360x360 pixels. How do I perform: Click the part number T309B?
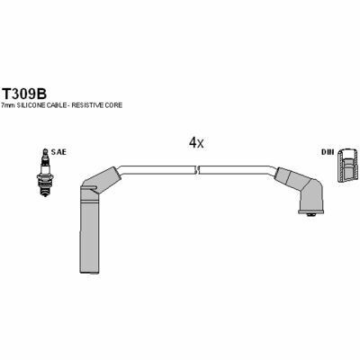pyautogui.click(x=24, y=94)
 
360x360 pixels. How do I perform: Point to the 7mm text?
pyautogui.click(x=8, y=105)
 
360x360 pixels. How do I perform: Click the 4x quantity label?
pyautogui.click(x=196, y=143)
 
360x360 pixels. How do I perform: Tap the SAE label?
pyautogui.click(x=58, y=152)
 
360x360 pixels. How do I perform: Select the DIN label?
pyautogui.click(x=328, y=152)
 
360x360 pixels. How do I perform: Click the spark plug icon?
pyautogui.click(x=44, y=173)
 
